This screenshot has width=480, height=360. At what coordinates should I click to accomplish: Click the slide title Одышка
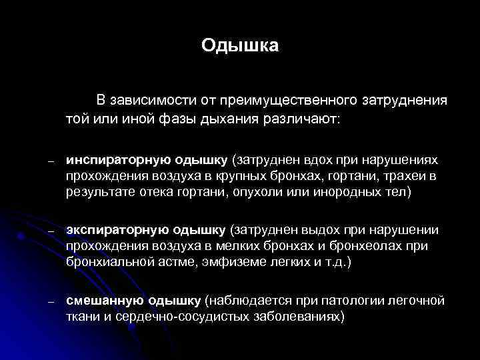tap(240, 46)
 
